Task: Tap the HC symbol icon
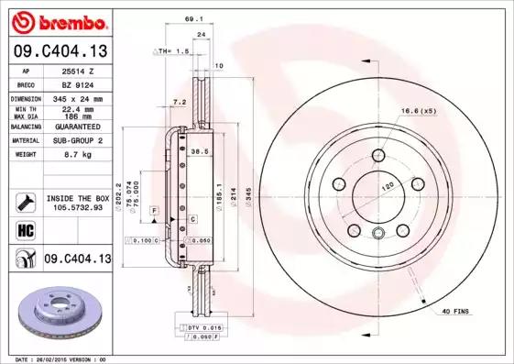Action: coord(25,228)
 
